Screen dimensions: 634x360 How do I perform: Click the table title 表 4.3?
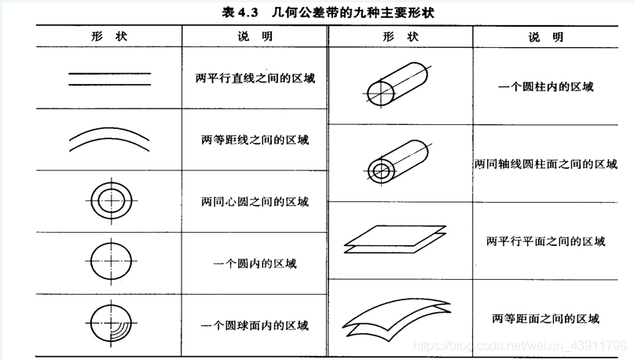point(240,12)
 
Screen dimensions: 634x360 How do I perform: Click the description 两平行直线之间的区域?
point(255,78)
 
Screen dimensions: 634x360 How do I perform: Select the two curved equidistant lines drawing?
point(109,130)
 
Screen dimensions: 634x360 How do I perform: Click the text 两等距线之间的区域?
point(255,140)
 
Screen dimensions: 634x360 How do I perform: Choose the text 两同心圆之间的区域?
point(255,201)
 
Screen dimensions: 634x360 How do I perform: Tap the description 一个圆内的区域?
point(255,264)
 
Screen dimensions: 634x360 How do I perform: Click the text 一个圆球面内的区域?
point(255,325)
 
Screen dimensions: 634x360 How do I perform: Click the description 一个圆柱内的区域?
point(546,86)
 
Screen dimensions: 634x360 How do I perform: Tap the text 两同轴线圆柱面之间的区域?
point(546,163)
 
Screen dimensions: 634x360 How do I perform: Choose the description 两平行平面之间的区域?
point(546,241)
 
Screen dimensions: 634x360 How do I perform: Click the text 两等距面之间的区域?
point(546,319)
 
